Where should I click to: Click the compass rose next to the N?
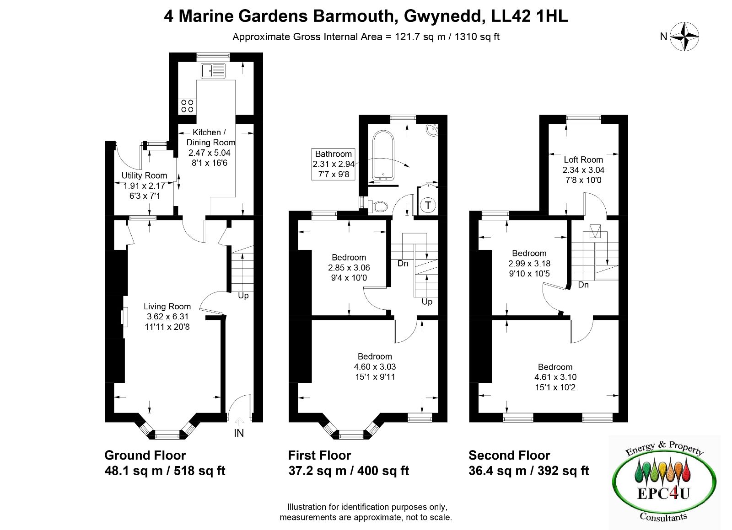[x=684, y=37]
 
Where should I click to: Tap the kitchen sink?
[x=213, y=71]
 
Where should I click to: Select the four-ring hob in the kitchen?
[x=187, y=106]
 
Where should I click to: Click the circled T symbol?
[x=428, y=205]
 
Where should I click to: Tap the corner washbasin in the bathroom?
[x=432, y=130]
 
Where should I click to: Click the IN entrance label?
[x=239, y=433]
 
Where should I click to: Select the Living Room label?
[x=167, y=307]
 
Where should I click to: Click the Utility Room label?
[x=144, y=175]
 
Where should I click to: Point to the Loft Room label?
[x=583, y=159]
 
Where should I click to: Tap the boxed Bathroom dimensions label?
[x=334, y=164]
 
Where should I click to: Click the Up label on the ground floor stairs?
[x=243, y=296]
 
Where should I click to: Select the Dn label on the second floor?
[x=583, y=285]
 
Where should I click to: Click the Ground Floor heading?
[x=145, y=455]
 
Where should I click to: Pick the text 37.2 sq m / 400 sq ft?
[x=349, y=471]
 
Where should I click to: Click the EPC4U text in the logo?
[x=663, y=494]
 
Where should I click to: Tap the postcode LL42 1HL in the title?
[x=529, y=16]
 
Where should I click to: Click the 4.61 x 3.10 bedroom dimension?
[x=555, y=377]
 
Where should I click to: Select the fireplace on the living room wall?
[x=124, y=317]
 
